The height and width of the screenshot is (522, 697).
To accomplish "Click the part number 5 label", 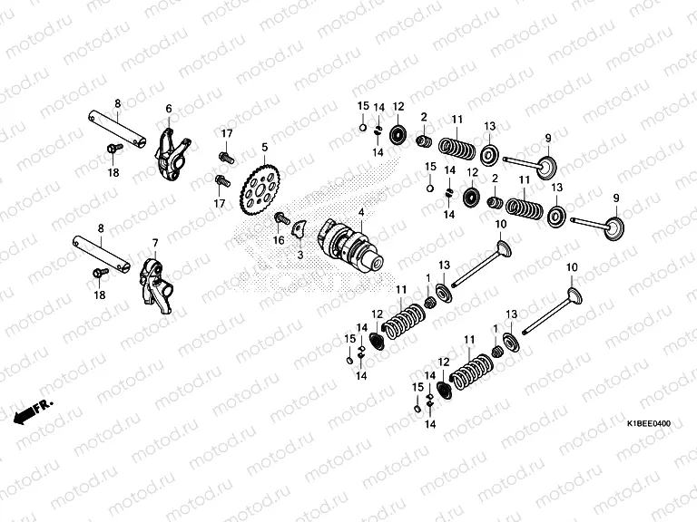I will coord(265,147).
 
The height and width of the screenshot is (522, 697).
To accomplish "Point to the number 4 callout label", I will coord(361,213).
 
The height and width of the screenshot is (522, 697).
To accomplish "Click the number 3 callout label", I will coord(300,256).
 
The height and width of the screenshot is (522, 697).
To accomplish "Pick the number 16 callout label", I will coord(279,239).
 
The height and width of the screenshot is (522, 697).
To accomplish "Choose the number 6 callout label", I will coord(168,109).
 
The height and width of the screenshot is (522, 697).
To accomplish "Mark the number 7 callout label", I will coord(155,243).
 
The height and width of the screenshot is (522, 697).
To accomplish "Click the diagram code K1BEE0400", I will coord(649,423).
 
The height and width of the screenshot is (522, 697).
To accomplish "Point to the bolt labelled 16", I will coord(284,218).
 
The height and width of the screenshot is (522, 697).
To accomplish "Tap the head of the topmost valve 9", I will coord(546,168).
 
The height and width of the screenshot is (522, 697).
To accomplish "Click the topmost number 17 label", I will coord(227,134).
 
